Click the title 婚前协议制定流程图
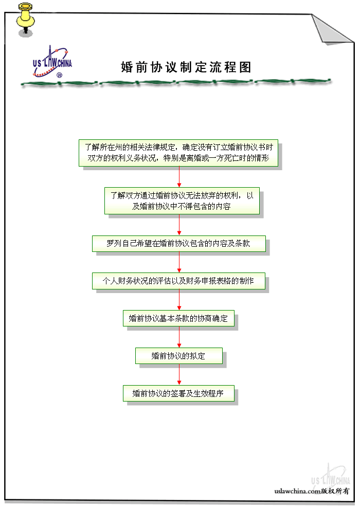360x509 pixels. pyautogui.click(x=186, y=67)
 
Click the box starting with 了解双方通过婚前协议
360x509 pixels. pyautogui.click(x=182, y=201)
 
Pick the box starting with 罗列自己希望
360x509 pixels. pyautogui.click(x=178, y=243)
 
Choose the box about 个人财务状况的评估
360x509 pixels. pyautogui.click(x=178, y=281)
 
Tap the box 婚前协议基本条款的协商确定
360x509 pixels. pyautogui.click(x=178, y=319)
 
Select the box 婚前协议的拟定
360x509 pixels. pyautogui.click(x=178, y=355)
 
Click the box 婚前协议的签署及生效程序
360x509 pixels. pyautogui.click(x=178, y=394)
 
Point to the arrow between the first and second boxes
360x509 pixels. pyautogui.click(x=179, y=176)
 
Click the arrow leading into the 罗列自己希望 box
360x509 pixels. pyautogui.click(x=179, y=225)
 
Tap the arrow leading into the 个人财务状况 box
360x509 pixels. pyautogui.click(x=179, y=262)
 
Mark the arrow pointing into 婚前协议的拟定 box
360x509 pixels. pyautogui.click(x=179, y=337)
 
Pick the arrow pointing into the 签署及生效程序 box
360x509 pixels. pyautogui.click(x=179, y=375)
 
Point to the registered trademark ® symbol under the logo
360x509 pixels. pyautogui.click(x=59, y=75)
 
